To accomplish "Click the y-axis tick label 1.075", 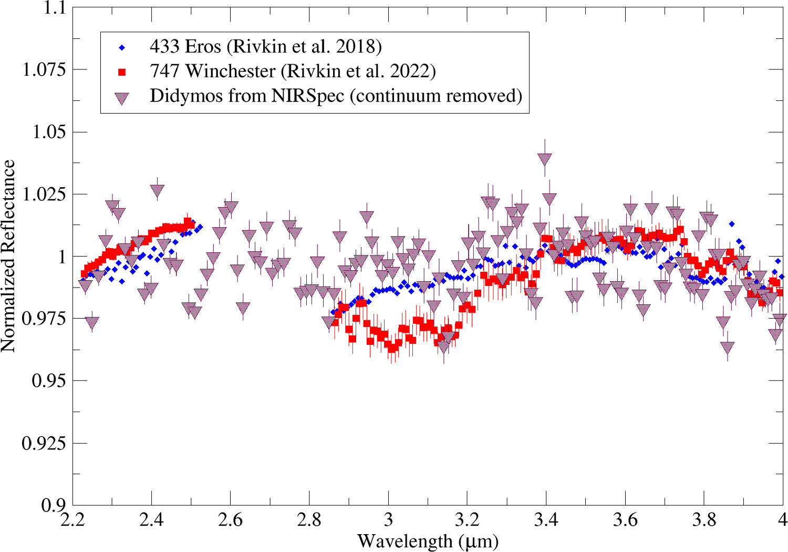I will coord(44,69).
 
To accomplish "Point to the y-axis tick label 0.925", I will coord(44,443).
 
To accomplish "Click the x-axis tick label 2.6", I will coord(230,520).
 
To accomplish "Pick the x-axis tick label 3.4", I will coord(546,520).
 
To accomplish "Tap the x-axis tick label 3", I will coord(388,520).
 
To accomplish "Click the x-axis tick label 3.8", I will coord(704,520).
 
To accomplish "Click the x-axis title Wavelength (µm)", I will coord(428,541).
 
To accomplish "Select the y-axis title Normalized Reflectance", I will coord(9,256).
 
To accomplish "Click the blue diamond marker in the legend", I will coord(122,48).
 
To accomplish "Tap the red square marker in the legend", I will coord(122,72).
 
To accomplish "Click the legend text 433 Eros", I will coord(185,47).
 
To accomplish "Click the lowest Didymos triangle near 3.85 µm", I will coord(727,347).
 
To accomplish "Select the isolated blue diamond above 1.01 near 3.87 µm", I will coord(732,224).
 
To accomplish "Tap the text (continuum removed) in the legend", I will coord(436,96).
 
